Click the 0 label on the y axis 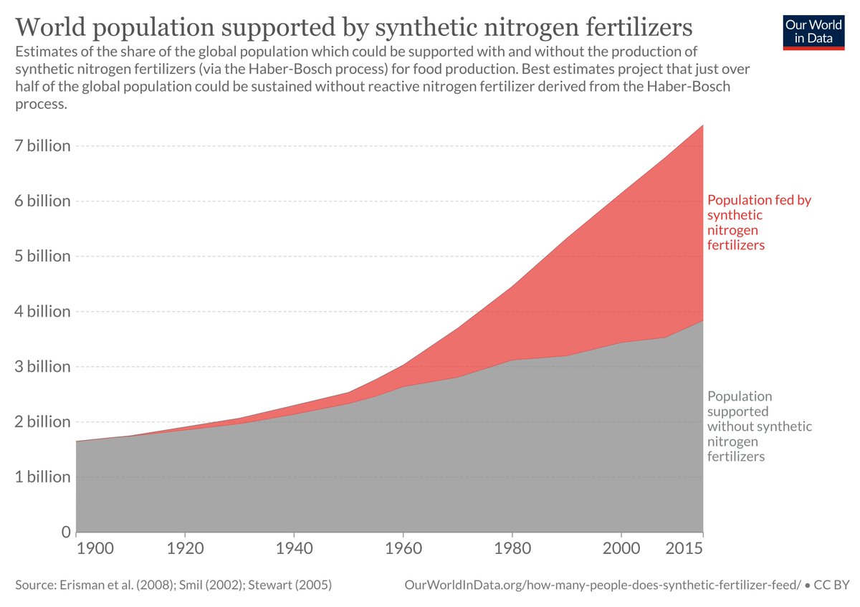tap(65, 532)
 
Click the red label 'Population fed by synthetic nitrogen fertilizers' tap(758, 222)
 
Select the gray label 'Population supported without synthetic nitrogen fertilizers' tap(758, 426)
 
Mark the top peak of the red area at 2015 tap(702, 125)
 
